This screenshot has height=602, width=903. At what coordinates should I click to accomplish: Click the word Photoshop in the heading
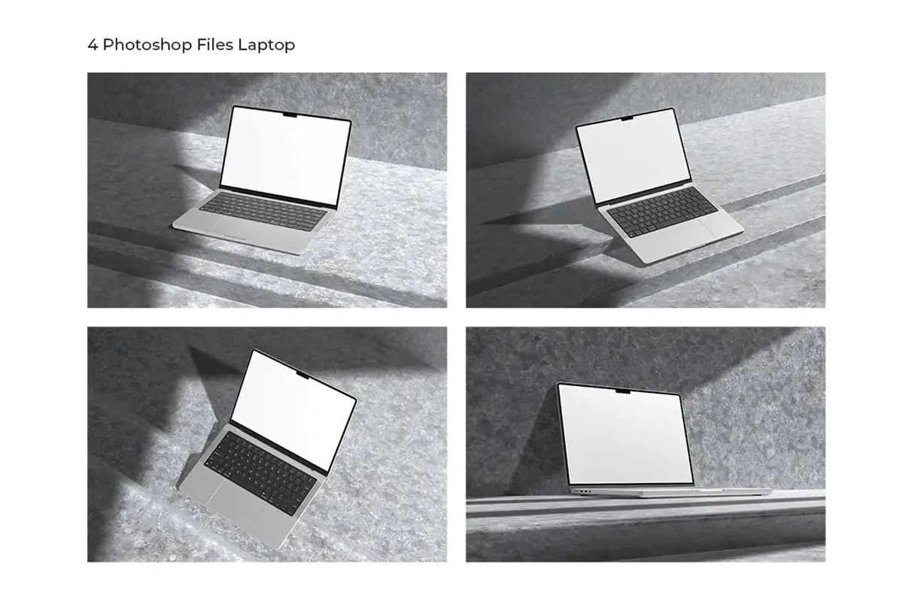pos(147,44)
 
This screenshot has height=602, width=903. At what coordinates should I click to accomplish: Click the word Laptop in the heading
pos(266,44)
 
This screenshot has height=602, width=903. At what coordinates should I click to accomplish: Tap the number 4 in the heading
pos(93,44)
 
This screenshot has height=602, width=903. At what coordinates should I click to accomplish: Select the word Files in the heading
pos(215,44)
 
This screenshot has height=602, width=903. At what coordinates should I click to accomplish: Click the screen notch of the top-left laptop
pos(290,116)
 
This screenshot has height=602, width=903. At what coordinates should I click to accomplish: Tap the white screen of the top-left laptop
pos(286,155)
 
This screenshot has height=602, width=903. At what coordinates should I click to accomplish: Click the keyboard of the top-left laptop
pos(263,211)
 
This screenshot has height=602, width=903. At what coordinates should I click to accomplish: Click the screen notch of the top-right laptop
pos(627,119)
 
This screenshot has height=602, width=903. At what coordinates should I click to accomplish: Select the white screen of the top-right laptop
pos(634,156)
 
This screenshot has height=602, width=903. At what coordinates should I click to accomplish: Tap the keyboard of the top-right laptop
pos(662,211)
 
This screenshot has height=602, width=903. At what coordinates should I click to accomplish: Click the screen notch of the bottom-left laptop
pos(303,375)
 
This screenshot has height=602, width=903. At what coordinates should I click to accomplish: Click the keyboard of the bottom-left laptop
pos(260,473)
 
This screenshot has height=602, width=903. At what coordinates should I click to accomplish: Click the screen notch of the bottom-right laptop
pos(623,391)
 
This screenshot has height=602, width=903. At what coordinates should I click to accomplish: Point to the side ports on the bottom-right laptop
pos(585,491)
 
